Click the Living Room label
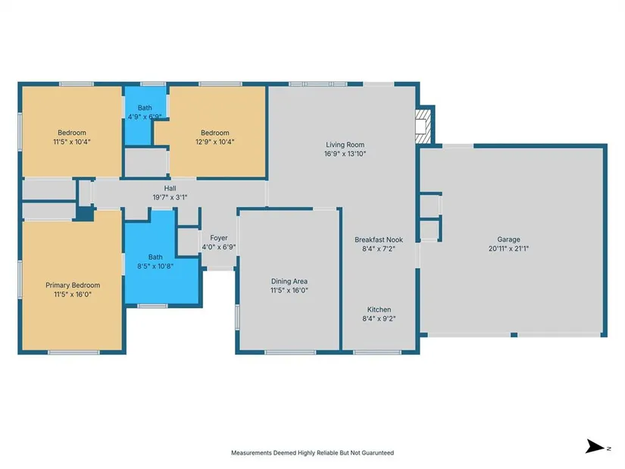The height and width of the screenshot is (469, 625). tap(345, 145)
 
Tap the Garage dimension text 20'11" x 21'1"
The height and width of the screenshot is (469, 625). tap(508, 249)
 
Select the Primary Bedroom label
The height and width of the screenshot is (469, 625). tap(73, 285)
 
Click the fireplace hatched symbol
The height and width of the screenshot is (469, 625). tap(423, 126)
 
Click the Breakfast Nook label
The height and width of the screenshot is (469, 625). tap(379, 239)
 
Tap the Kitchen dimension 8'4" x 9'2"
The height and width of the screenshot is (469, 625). tap(379, 319)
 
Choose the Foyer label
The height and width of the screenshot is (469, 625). tap(219, 238)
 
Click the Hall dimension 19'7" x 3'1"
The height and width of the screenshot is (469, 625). tap(170, 197)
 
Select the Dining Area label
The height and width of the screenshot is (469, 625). tap(289, 281)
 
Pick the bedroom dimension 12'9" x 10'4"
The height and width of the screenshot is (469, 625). tap(215, 142)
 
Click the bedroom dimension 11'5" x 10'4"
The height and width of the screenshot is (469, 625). tap(72, 142)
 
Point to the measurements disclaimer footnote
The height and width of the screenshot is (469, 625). tap(312, 452)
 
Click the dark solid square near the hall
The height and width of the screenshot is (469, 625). tap(85, 214)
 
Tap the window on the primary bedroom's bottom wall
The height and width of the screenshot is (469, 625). tap(73, 352)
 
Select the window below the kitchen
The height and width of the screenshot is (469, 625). tap(377, 352)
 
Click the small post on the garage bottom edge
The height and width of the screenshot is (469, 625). tap(514, 335)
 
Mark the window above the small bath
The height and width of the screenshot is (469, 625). tap(153, 84)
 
